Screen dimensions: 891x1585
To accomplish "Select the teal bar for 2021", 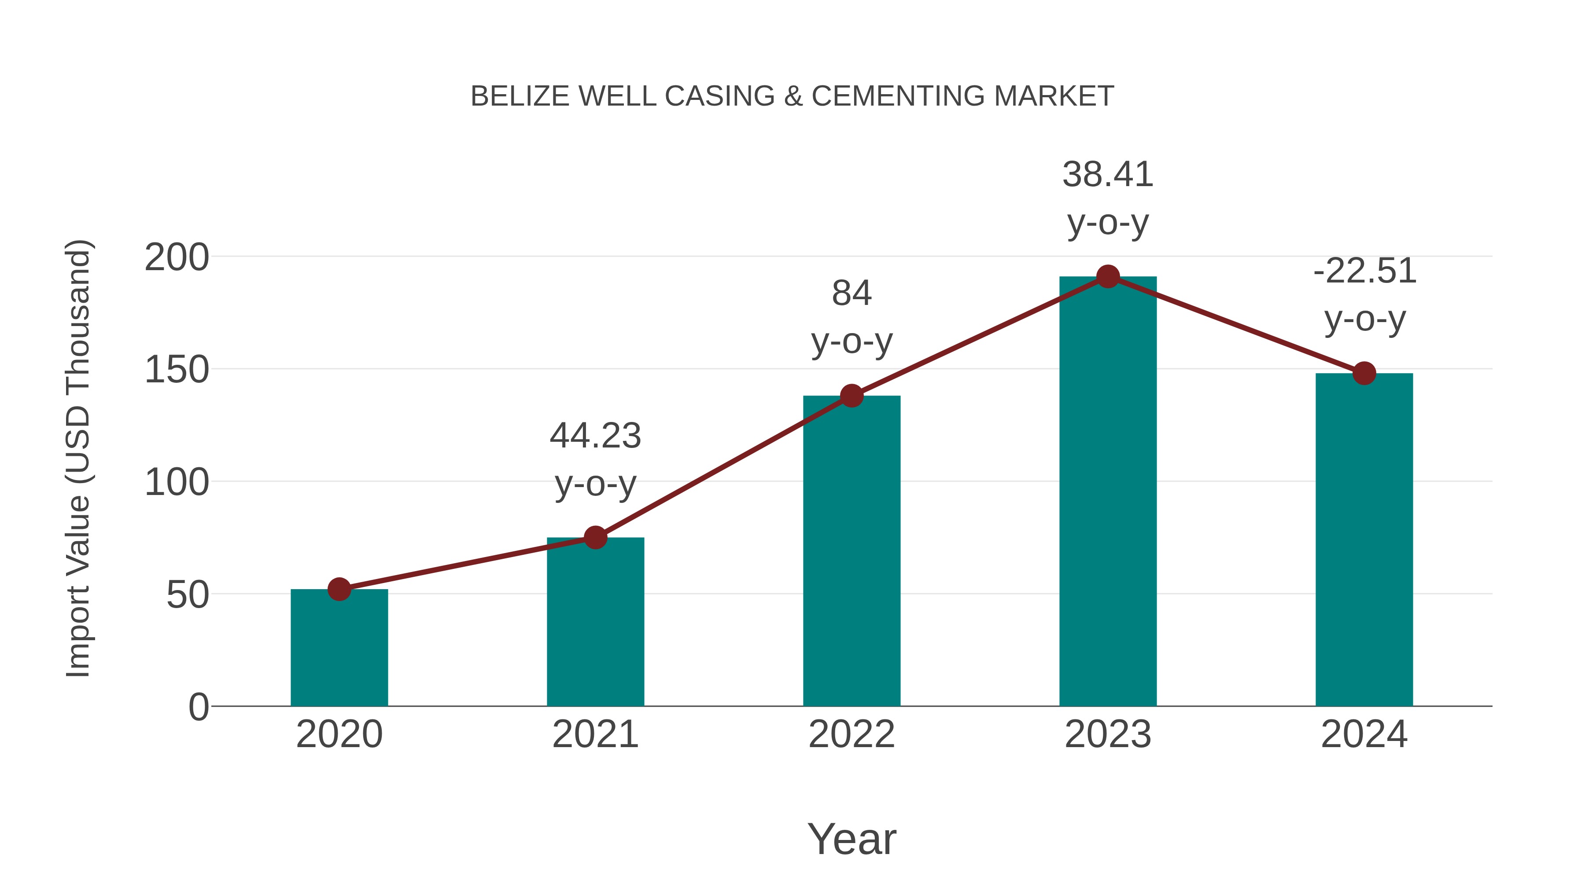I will (x=595, y=622).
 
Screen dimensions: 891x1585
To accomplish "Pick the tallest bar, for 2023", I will (x=1108, y=491).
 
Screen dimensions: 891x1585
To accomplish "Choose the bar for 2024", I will (x=1364, y=539).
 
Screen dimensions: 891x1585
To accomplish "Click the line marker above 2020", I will (x=339, y=589).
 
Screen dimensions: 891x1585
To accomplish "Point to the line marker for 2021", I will (x=595, y=537).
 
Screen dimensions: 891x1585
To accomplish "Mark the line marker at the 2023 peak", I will (x=1108, y=277).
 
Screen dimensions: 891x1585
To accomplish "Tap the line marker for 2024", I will (x=1364, y=373).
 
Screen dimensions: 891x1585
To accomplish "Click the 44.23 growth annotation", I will (x=595, y=436).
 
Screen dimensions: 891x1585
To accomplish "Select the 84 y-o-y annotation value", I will (x=851, y=293).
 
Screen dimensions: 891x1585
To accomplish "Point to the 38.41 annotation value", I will (x=1108, y=175).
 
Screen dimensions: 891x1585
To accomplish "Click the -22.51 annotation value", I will (x=1364, y=271).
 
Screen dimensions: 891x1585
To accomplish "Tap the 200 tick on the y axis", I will (x=177, y=258).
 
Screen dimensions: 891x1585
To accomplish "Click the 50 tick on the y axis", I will (x=188, y=595).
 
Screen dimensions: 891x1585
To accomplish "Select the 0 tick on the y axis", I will (x=199, y=707).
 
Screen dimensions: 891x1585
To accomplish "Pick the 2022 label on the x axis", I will (x=851, y=734).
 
